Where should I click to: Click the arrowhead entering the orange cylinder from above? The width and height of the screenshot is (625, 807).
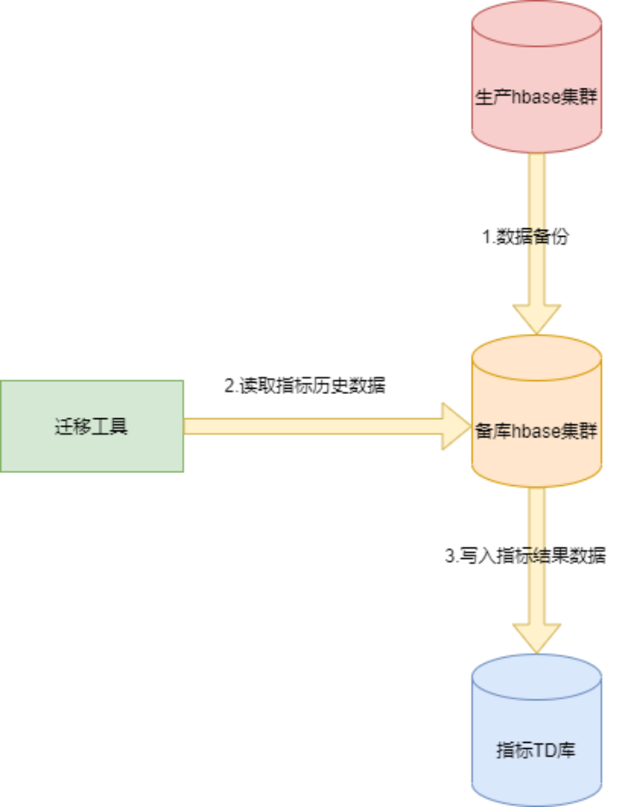tap(536, 317)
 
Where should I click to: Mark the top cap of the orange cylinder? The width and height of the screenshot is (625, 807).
tap(536, 352)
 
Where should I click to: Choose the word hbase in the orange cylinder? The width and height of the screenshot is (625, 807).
tap(535, 431)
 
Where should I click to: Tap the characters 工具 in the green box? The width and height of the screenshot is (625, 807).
tap(110, 427)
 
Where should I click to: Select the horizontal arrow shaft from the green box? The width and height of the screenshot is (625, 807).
tap(312, 426)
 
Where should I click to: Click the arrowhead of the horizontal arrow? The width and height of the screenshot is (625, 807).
tap(456, 426)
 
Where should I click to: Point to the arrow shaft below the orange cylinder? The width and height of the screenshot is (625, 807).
tap(536, 521)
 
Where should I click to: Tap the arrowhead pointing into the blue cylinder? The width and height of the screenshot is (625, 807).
tap(536, 637)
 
